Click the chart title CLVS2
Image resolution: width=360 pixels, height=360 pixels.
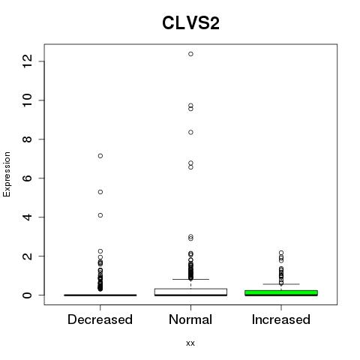(190, 23)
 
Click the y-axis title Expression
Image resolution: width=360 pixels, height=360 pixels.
(7, 174)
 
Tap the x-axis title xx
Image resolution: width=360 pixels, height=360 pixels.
(190, 343)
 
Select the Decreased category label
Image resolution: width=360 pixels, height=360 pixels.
(100, 319)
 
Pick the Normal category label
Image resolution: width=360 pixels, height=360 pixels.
(190, 319)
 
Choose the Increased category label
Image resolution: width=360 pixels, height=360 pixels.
(281, 319)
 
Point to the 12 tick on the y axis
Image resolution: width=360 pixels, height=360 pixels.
(27, 61)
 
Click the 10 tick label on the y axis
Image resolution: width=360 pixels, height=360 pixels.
(27, 100)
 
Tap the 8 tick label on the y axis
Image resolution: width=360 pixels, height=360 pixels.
(27, 139)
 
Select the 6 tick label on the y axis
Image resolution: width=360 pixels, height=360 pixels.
(27, 178)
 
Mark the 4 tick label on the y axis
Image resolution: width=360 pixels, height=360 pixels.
(27, 217)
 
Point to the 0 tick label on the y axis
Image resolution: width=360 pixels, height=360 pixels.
(27, 295)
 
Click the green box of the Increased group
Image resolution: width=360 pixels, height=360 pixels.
(281, 293)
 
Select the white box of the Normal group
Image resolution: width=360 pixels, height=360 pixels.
(190, 292)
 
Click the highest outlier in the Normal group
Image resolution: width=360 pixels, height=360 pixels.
(190, 54)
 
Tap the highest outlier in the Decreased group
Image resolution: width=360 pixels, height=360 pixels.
(100, 156)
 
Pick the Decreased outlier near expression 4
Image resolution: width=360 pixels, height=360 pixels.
(100, 215)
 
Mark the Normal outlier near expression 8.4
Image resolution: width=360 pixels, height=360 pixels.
(190, 132)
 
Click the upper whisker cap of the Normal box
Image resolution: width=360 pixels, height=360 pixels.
(190, 279)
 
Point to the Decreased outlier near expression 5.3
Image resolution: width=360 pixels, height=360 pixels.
(100, 192)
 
